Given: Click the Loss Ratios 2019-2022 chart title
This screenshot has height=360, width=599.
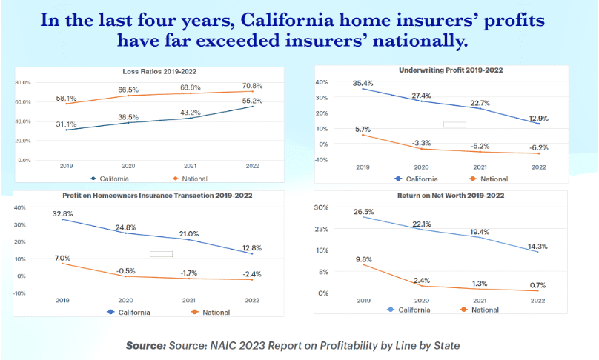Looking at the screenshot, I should pyautogui.click(x=164, y=71).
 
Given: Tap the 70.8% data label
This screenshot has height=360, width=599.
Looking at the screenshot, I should pyautogui.click(x=252, y=86).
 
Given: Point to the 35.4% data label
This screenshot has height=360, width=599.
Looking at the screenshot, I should pyautogui.click(x=363, y=83).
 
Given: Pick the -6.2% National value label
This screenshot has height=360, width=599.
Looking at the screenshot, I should pyautogui.click(x=539, y=147).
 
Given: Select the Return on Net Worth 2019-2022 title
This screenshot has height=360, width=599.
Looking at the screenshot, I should pyautogui.click(x=451, y=195).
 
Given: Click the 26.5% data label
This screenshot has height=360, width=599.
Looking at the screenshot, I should pyautogui.click(x=363, y=212).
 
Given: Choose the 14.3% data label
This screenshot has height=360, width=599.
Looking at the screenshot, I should pyautogui.click(x=537, y=246).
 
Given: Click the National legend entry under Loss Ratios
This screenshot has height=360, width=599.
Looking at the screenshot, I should pyautogui.click(x=193, y=179).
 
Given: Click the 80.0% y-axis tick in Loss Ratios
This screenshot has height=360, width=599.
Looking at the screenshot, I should pyautogui.click(x=22, y=83).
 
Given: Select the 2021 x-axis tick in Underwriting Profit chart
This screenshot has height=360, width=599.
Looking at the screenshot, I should pyautogui.click(x=480, y=167).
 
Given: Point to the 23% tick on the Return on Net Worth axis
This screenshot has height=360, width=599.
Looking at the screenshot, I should pyautogui.click(x=322, y=229).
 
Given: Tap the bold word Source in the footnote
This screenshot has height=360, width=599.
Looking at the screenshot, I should pyautogui.click(x=148, y=345).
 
